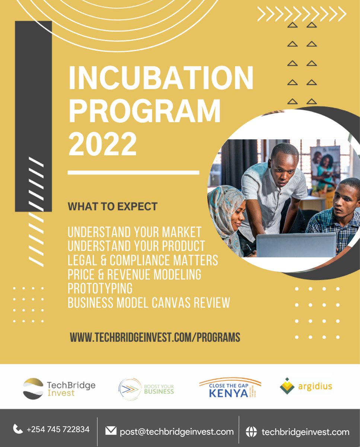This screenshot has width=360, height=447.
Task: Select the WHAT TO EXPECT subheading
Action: tap(112, 206)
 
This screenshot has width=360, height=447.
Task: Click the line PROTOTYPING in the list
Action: tap(100, 288)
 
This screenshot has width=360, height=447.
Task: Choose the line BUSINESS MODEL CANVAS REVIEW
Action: tap(149, 302)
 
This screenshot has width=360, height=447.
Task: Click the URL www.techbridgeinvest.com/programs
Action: tap(155, 337)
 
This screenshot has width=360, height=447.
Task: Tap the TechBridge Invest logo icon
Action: tap(33, 389)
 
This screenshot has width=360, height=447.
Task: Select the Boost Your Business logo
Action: tap(146, 389)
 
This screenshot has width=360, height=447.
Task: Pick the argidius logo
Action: tap(306, 386)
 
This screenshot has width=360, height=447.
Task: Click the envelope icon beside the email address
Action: tap(111, 431)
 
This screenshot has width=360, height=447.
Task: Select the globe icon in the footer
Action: tap(251, 432)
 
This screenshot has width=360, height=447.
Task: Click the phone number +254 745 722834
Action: tap(58, 429)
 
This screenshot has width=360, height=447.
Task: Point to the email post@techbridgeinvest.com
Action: tap(176, 432)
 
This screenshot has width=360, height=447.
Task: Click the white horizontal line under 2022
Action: tap(133, 172)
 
